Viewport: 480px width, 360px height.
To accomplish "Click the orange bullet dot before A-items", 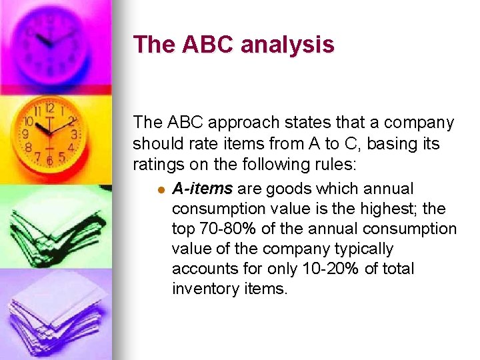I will tap(159, 190).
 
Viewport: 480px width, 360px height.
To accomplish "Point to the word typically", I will tap(362, 249).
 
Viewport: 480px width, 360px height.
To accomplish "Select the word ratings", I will tap(156, 163).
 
